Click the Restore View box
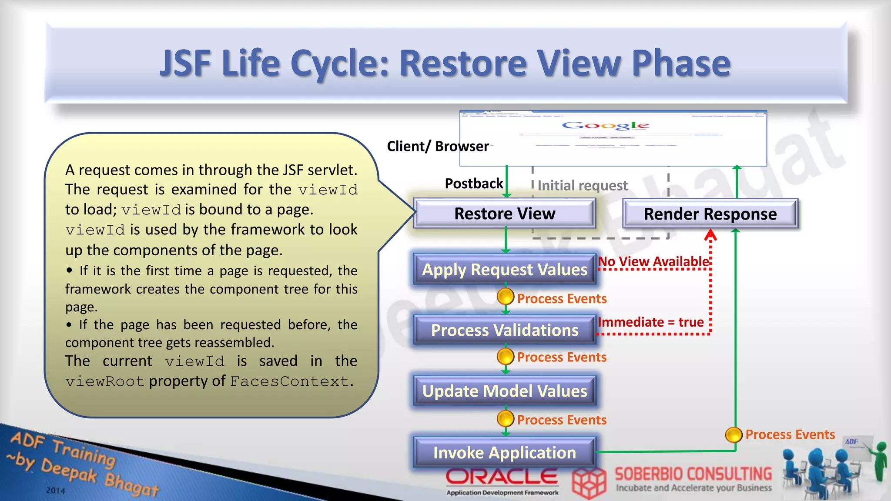tap(505, 214)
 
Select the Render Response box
tap(710, 214)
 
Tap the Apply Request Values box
tap(505, 270)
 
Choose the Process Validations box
tap(505, 330)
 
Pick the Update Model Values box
tap(505, 391)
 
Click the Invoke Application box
tap(505, 453)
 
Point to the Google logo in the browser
tap(606, 126)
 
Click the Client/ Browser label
tap(438, 146)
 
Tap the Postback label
tap(474, 184)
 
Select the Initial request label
tap(583, 186)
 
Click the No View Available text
tap(653, 261)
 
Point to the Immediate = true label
tap(651, 322)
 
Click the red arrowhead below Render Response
tap(710, 236)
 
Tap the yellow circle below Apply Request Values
tap(506, 297)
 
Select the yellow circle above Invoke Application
tap(506, 419)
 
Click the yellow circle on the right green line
tap(734, 434)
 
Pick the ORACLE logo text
tap(502, 477)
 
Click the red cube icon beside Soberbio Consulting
tap(589, 483)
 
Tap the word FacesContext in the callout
tap(290, 381)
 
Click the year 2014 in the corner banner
tap(56, 491)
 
